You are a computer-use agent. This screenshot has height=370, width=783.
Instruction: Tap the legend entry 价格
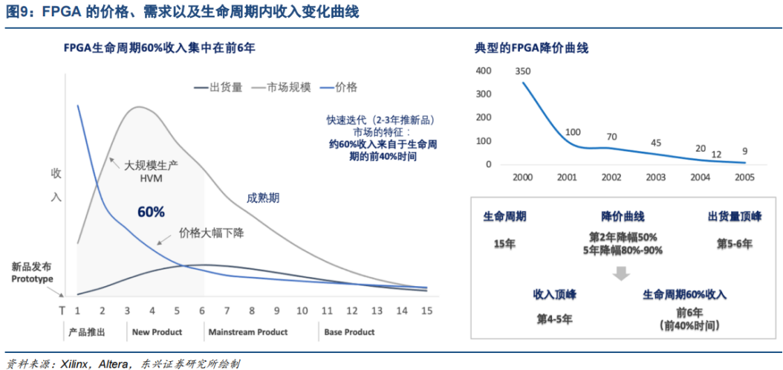point(345,87)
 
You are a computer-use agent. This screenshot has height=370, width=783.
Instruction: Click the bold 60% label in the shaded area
point(151,212)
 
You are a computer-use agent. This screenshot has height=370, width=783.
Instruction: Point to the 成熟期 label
point(263,198)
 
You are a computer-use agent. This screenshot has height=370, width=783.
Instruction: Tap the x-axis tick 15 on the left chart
point(426,310)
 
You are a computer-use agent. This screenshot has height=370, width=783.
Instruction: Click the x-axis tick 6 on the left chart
point(202,310)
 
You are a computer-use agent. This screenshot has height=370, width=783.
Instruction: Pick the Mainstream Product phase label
point(247,332)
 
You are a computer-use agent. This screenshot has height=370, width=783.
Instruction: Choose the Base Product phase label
point(349,332)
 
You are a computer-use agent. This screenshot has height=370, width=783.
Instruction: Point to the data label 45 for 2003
point(656,143)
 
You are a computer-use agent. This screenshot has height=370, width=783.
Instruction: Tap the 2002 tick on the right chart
point(612,178)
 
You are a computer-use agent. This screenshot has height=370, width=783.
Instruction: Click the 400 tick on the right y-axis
point(484,71)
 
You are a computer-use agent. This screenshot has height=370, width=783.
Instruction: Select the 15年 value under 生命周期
point(505,243)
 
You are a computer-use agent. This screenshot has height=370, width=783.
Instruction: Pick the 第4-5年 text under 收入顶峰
point(555,319)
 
